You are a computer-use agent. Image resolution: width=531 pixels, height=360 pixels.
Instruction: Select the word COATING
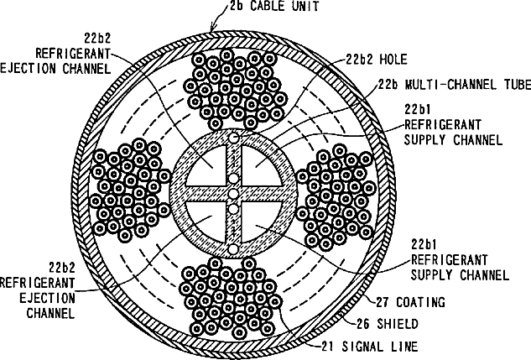point(422,302)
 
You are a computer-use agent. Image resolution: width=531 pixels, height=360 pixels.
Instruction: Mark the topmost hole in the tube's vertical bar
point(234,137)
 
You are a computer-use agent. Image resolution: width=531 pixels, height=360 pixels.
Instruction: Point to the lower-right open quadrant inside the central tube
point(260,220)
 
